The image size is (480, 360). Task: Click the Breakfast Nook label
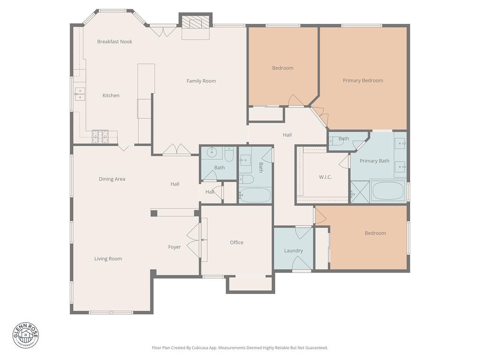pyautogui.click(x=115, y=42)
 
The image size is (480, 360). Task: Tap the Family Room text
pyautogui.click(x=201, y=81)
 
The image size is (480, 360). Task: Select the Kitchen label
pyautogui.click(x=111, y=96)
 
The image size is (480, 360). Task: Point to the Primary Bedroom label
pyautogui.click(x=363, y=81)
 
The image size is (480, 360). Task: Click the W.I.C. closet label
pyautogui.click(x=325, y=177)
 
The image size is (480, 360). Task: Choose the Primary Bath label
pyautogui.click(x=375, y=161)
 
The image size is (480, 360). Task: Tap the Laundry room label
pyautogui.click(x=293, y=251)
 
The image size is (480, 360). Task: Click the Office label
pyautogui.click(x=237, y=243)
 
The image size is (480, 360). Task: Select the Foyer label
pyautogui.click(x=174, y=247)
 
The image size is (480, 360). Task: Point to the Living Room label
pyautogui.click(x=108, y=259)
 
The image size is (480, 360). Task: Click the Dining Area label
pyautogui.click(x=112, y=179)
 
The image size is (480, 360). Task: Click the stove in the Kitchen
pyautogui.click(x=100, y=136)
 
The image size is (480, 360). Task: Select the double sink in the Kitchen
pyautogui.click(x=79, y=94)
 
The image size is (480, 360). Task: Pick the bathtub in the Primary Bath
pyautogui.click(x=387, y=191)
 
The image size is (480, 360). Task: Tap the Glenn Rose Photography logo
pyautogui.click(x=26, y=335)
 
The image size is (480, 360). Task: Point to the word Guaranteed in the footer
pyautogui.click(x=316, y=348)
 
